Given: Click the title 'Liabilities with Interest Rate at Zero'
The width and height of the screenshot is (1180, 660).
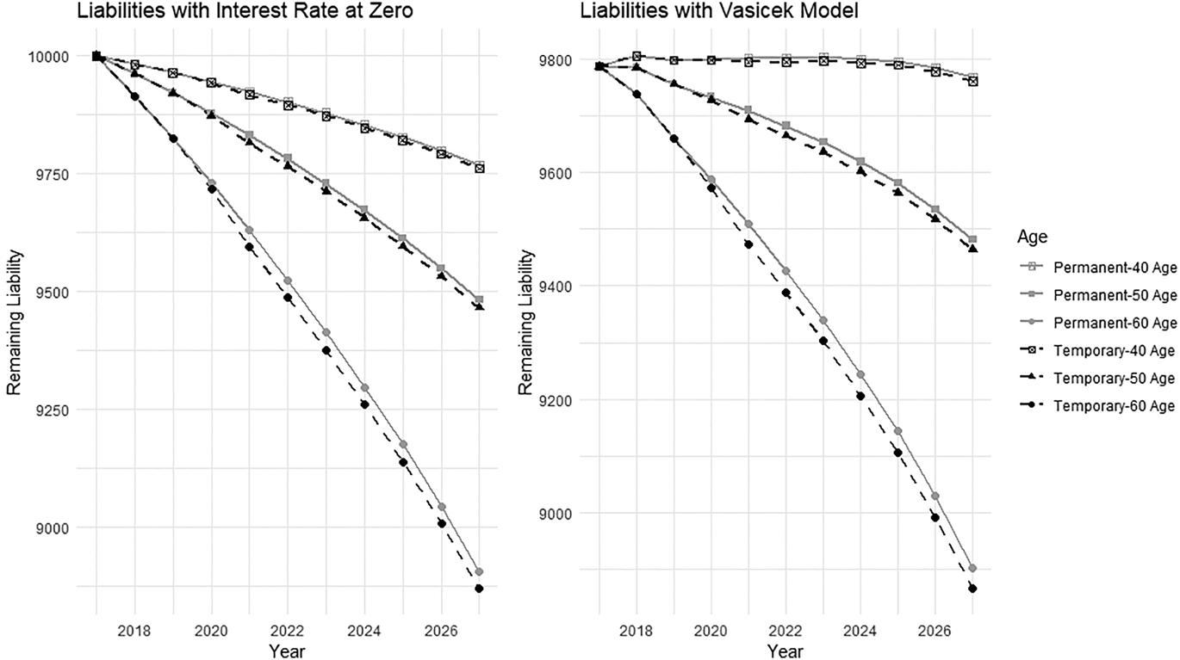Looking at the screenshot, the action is pos(245,10).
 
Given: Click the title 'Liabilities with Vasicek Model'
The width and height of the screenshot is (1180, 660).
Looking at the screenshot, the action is pos(719,10).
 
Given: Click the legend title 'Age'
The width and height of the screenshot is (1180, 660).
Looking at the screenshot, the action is pos(1033,237).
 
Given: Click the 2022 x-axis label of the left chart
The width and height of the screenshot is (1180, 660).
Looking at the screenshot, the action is pos(288,631).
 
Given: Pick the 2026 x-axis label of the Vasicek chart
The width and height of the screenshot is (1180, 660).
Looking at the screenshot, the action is pos(935,631).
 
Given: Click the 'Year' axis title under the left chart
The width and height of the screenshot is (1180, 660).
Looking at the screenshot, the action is pos(287,651).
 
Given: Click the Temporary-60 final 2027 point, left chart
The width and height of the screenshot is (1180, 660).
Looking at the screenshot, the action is pos(480,589).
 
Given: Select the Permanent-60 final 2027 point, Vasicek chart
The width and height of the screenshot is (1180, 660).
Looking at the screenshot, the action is pos(973,569).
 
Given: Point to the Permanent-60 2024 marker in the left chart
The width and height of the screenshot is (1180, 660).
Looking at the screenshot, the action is pos(364,388).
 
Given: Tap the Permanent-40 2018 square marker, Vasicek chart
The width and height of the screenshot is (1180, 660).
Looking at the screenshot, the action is pos(637,56).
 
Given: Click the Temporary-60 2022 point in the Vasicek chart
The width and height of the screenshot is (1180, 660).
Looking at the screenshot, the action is pos(786,293).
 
